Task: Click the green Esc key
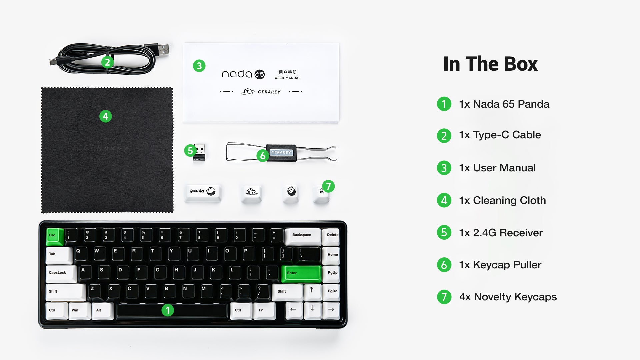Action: (x=55, y=236)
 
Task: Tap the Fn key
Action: (x=264, y=311)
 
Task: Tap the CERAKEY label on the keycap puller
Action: (x=281, y=152)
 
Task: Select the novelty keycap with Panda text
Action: (x=203, y=193)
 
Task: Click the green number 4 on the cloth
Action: (x=106, y=116)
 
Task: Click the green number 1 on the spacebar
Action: (x=168, y=310)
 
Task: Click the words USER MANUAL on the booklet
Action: (x=287, y=78)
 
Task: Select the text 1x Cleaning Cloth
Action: (x=502, y=200)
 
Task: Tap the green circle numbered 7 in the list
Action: (x=444, y=297)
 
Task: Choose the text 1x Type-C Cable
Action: (x=500, y=135)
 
